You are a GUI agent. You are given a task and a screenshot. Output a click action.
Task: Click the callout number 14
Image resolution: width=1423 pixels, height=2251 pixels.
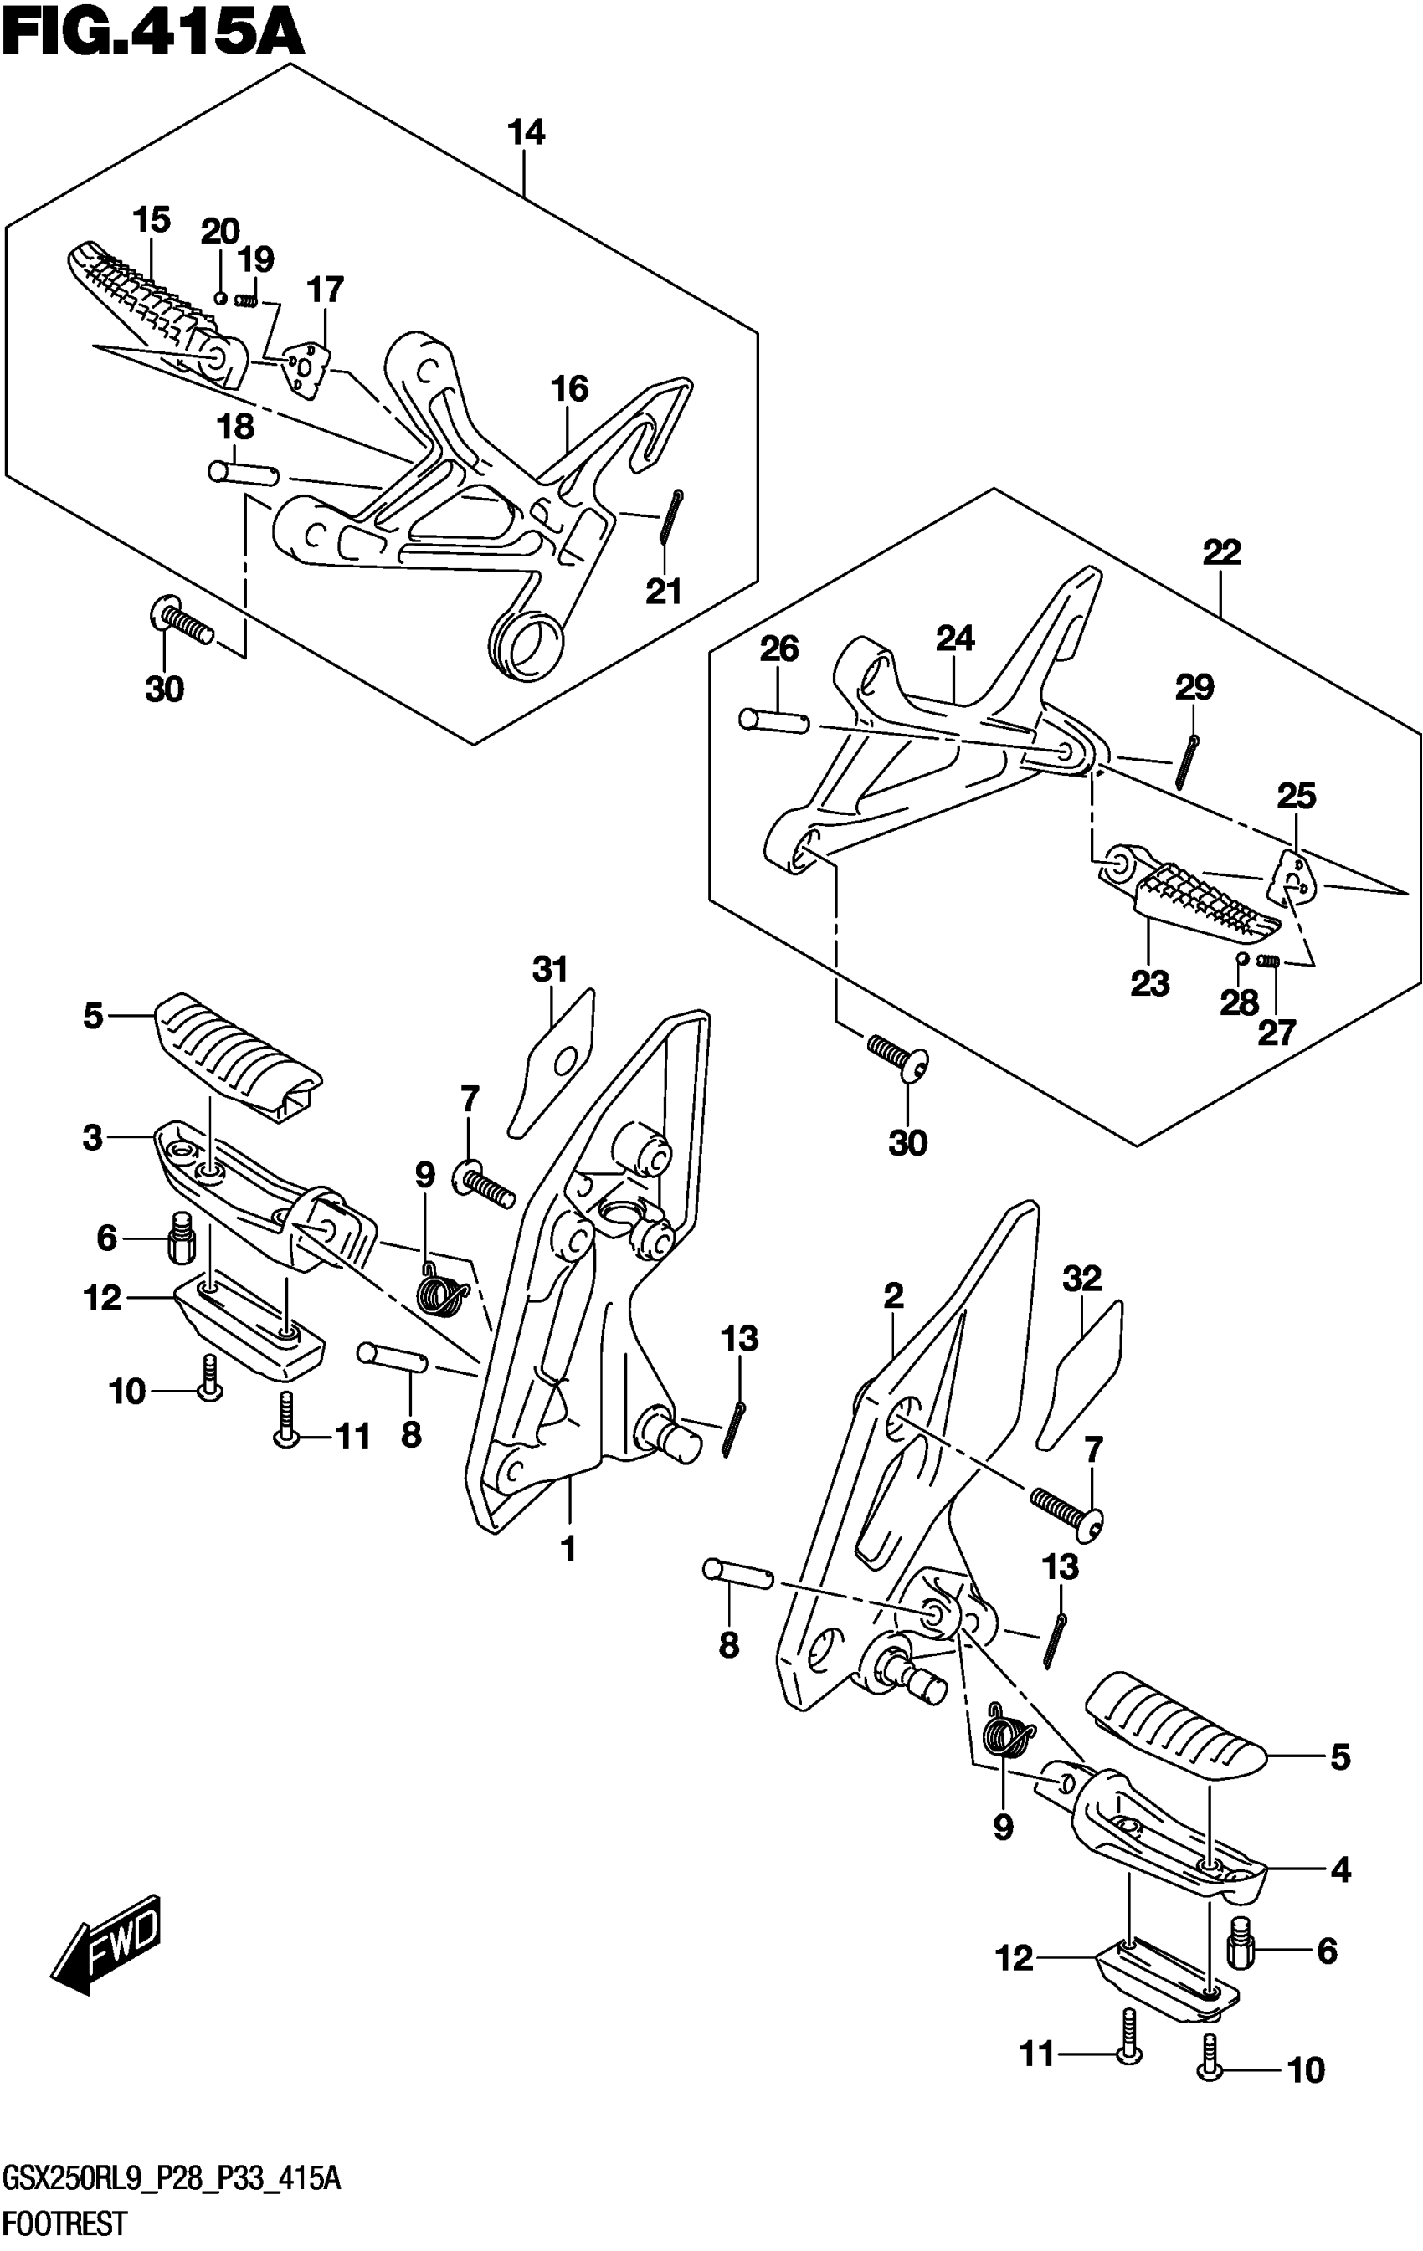[x=526, y=133]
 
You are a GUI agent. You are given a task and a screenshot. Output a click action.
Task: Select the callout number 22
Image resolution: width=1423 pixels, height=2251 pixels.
[x=1221, y=552]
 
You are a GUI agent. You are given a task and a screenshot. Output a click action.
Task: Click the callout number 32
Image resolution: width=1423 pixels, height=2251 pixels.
[x=1081, y=1279]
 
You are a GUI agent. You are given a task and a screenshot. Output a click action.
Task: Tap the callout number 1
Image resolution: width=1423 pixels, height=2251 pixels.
[x=568, y=1550]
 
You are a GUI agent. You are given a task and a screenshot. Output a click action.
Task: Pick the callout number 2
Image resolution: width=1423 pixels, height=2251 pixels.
[x=893, y=1296]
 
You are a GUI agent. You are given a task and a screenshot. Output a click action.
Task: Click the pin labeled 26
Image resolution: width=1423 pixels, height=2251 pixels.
[x=773, y=720]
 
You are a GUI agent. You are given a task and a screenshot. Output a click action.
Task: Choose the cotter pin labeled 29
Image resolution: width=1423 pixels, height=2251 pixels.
[x=1188, y=761]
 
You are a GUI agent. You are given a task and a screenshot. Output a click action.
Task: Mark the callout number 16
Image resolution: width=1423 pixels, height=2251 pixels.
[x=569, y=389]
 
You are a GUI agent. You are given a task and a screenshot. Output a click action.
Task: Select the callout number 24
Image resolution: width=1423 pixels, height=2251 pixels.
[x=954, y=639]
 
